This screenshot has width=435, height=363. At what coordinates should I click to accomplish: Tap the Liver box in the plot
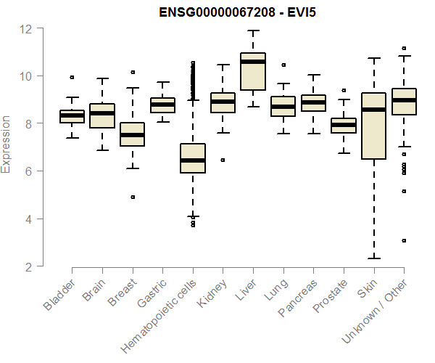pos(253,72)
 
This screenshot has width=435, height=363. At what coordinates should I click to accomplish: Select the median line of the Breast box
pos(132,135)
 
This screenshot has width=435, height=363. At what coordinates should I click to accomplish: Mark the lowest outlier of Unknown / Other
pos(404,240)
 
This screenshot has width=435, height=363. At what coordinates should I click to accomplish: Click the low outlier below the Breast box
pos(133,197)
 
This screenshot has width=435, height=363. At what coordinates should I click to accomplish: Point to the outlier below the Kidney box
pos(223,160)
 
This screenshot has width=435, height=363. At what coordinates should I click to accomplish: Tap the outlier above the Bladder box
pos(72,77)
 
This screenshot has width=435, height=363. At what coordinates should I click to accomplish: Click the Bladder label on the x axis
pos(60,297)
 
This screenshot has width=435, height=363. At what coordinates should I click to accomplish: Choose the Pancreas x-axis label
pos(299,303)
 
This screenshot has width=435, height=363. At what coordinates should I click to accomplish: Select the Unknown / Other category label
pos(377,311)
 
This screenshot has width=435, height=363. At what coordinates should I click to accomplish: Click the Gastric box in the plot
pos(162,105)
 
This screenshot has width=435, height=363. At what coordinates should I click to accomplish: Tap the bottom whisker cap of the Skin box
pos(373,258)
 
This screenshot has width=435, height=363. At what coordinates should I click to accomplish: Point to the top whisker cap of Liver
pos(253,31)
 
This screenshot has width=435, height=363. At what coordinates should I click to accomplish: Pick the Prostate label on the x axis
pos(331,301)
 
